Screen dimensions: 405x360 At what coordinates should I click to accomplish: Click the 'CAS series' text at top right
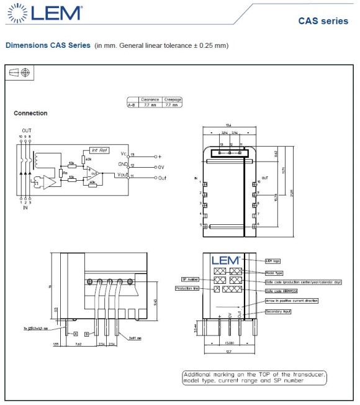[323, 21]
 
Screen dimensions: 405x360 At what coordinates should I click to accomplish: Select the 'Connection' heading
[30, 113]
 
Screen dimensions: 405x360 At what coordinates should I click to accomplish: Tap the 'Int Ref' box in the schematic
[99, 150]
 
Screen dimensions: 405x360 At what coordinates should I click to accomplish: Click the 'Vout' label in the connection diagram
[122, 176]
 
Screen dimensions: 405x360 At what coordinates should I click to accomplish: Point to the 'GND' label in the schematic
[122, 165]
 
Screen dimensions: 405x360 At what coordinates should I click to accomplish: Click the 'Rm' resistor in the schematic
[65, 173]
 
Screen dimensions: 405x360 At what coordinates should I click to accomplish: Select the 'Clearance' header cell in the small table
[150, 99]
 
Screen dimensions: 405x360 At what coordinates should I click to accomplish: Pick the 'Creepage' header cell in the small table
[172, 99]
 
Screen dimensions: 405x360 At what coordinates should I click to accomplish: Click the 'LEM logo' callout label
[274, 261]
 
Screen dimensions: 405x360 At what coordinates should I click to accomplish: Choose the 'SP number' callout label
[189, 280]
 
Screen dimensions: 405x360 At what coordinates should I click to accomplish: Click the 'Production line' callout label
[187, 289]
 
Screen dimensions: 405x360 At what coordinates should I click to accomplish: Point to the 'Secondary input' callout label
[278, 311]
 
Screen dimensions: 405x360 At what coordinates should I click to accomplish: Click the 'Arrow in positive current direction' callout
[291, 301]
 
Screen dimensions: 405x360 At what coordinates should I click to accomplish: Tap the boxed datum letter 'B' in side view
[87, 334]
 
